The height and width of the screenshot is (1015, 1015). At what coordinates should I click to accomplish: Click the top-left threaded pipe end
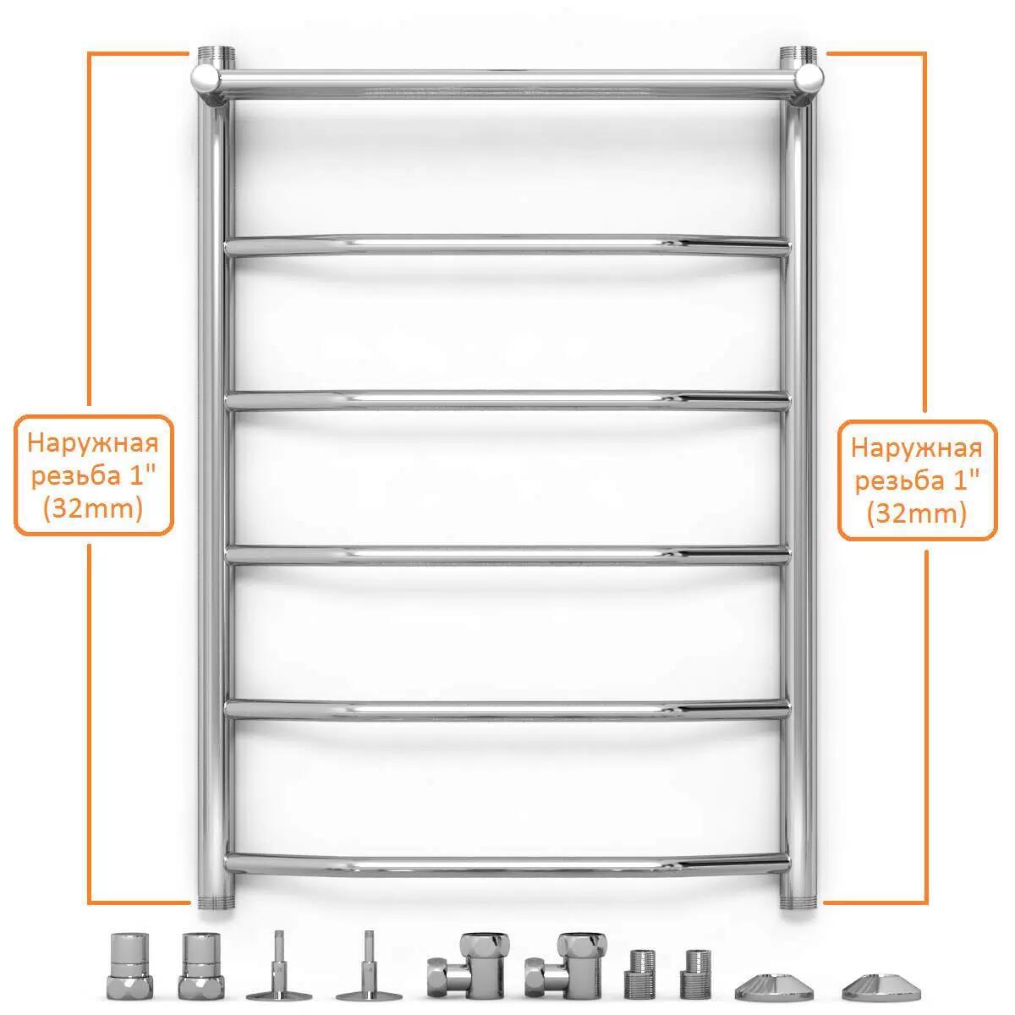click(x=216, y=55)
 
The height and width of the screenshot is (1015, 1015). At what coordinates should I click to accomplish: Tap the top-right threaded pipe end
click(x=798, y=55)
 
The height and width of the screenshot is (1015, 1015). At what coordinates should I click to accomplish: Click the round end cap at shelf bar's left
click(x=206, y=79)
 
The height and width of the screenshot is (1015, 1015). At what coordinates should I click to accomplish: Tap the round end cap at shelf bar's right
click(x=809, y=79)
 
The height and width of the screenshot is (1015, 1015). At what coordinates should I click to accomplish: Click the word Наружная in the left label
click(x=93, y=443)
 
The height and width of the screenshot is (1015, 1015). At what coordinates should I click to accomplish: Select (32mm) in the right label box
click(x=917, y=513)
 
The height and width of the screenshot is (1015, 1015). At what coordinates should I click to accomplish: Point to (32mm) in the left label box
click(x=93, y=508)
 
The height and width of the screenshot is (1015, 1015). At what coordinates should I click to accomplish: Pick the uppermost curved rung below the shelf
click(x=507, y=245)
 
